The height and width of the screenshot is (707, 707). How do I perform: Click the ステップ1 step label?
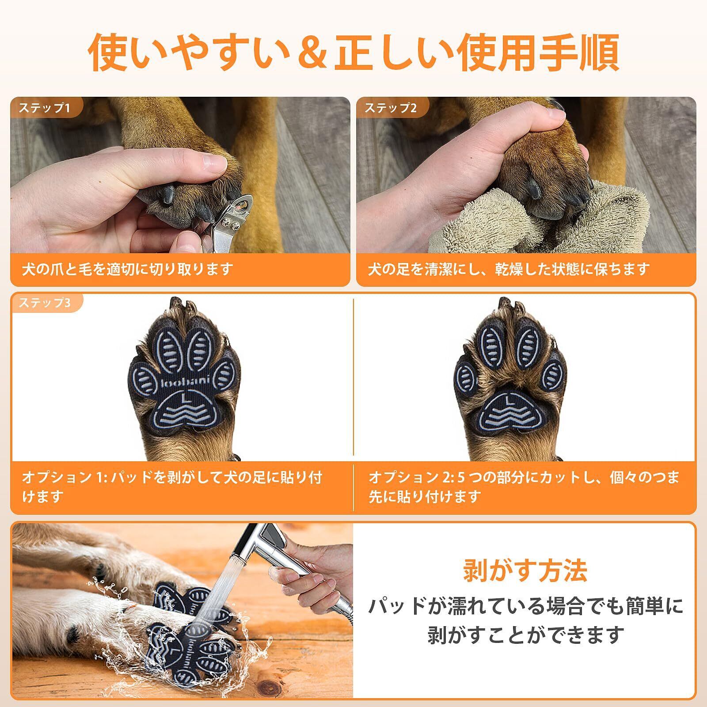pos(44,108)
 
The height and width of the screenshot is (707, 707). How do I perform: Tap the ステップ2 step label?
pos(391,108)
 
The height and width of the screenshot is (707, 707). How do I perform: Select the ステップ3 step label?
pos(44,303)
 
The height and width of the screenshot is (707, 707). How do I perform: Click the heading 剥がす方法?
pos(525,570)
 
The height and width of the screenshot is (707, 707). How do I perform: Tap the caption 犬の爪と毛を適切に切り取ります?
pos(128,269)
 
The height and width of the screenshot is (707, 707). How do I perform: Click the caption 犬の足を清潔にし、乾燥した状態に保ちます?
pos(509,269)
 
